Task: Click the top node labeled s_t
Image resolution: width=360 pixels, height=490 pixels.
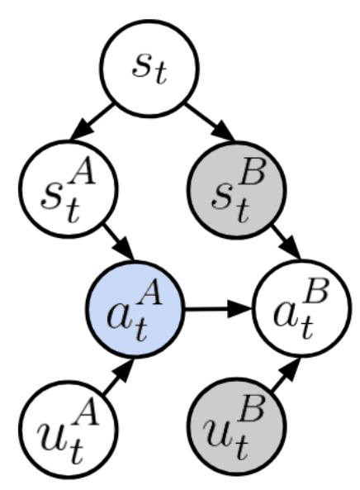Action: tap(149, 69)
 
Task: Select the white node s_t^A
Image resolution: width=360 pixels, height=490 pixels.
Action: tap(69, 189)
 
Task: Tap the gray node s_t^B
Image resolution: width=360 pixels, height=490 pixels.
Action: tap(236, 190)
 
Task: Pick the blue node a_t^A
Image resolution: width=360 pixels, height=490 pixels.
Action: tap(135, 309)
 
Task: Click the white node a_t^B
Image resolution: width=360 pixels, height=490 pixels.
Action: tap(302, 308)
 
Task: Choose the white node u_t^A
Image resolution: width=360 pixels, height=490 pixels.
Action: tap(69, 430)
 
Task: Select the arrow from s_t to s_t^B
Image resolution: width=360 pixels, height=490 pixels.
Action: tap(209, 121)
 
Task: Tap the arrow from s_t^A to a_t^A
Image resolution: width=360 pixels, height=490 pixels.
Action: tap(119, 241)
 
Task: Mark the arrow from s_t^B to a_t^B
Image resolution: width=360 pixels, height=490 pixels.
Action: tap(286, 242)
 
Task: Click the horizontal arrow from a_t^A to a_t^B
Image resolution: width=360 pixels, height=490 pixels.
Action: tap(219, 309)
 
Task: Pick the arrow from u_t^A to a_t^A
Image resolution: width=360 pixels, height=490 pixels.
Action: tap(119, 376)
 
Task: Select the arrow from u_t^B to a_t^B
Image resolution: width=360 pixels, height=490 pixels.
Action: tap(286, 373)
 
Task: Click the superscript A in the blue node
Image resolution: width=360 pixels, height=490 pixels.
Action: tap(151, 294)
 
